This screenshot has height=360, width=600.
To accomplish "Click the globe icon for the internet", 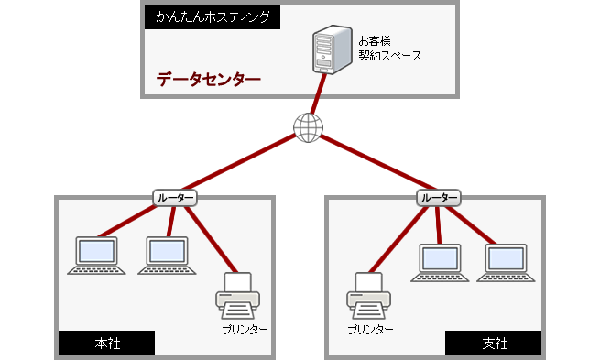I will [308, 127].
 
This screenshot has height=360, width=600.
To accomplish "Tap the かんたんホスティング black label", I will [211, 16].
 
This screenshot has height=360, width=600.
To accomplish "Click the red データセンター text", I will [209, 80].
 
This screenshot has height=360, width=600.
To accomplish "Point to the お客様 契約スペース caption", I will [389, 49].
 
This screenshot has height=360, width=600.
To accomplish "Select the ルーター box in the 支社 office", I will [438, 197].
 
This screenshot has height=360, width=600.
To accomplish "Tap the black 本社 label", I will [106, 344].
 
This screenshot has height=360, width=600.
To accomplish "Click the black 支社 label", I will [494, 344].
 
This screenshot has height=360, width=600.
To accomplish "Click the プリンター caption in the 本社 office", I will [245, 328].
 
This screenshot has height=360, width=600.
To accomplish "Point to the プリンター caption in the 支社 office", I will [370, 328].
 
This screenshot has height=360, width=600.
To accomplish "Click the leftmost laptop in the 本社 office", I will [95, 256].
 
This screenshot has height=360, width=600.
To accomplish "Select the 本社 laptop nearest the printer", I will [166, 256].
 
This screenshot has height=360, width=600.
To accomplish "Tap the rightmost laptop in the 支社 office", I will [506, 261].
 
